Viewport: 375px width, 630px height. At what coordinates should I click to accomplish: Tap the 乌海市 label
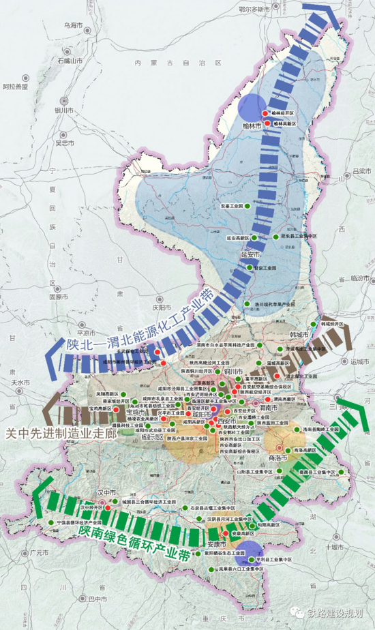(74, 25)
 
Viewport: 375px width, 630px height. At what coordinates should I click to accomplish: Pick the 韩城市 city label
(300, 335)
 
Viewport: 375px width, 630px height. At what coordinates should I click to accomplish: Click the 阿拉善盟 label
(15, 87)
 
